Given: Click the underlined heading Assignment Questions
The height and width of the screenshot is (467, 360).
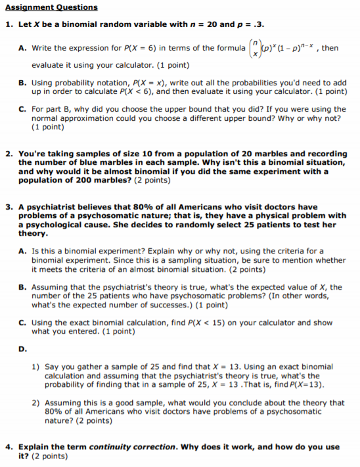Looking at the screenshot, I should [51, 7].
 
